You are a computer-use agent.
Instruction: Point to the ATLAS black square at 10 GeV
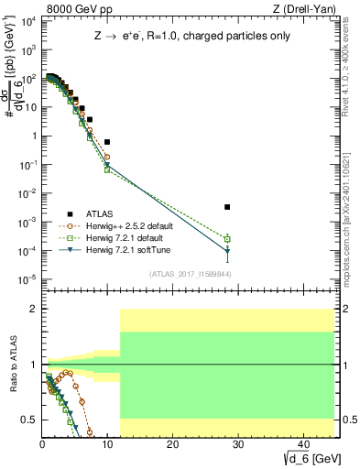pyautogui.click(x=107, y=142)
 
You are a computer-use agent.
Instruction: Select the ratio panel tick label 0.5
pyautogui.click(x=29, y=420)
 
